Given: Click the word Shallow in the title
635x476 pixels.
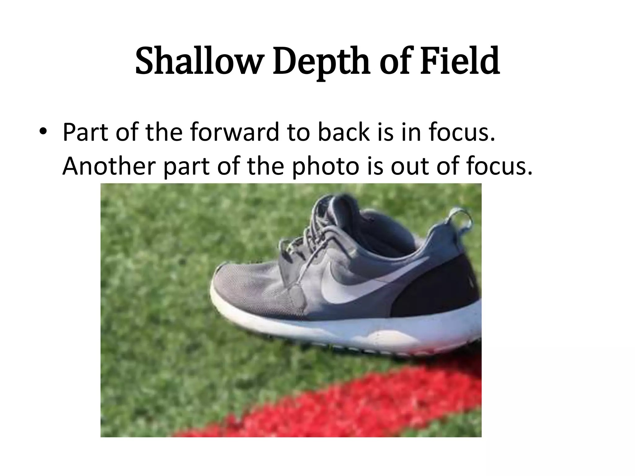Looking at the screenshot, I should (198, 61).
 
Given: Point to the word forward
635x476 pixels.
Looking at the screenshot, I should (235, 132).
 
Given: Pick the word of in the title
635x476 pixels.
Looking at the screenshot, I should (394, 61).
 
